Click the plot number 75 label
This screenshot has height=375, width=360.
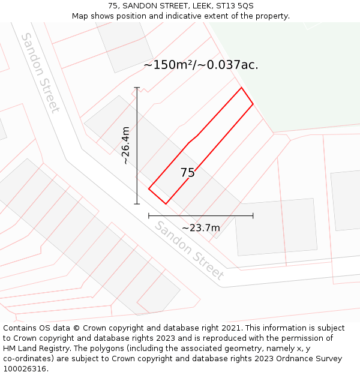coord(188,173)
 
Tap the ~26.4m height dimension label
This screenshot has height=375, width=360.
coord(125,145)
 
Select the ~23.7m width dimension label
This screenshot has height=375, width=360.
coord(201,227)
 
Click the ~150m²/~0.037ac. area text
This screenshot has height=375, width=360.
coord(201,65)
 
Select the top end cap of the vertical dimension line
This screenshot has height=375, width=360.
coord(137,88)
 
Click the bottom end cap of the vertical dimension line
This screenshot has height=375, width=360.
coord(137,204)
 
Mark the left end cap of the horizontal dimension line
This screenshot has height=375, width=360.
coord(149,215)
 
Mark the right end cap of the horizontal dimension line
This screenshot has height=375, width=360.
coord(253,215)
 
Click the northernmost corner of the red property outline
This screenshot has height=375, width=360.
coord(242,88)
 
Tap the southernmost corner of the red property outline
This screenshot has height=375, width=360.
coord(166,204)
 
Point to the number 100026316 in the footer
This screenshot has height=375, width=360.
coord(24,368)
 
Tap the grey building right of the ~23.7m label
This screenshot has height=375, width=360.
coord(276,227)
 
